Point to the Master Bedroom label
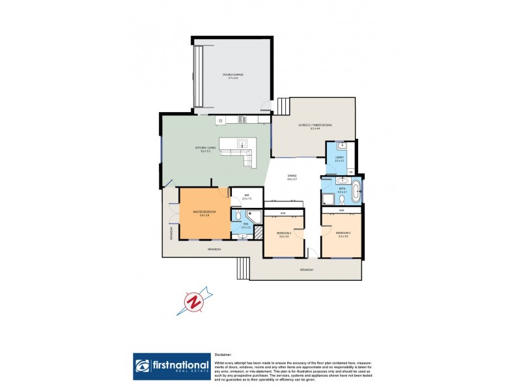tap(204, 212)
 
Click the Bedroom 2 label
tap(283, 233)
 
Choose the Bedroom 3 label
tap(343, 233)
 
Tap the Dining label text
tap(292, 177)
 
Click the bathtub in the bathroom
tap(356, 192)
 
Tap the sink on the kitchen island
tap(242, 143)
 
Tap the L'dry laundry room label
tap(339, 158)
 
